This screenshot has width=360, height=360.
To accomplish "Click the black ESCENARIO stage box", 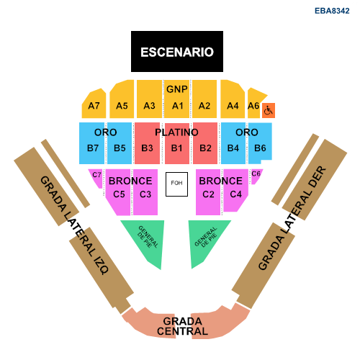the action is pos(177,51).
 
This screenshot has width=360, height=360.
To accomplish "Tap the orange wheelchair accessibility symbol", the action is pos(269,110).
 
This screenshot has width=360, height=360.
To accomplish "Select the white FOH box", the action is pos(176,184).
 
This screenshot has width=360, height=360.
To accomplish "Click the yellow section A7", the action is pos(94,104).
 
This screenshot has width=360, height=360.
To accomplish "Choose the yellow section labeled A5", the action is pos(122,99).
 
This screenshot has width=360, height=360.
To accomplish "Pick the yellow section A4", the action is pos(233,99).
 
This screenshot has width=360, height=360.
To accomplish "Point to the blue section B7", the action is pos(92,143).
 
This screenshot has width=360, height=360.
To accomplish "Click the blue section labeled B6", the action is pos(260,143).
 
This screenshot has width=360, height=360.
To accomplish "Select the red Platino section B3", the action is pos(147,143).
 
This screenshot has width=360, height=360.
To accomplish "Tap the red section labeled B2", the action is pos(205,143).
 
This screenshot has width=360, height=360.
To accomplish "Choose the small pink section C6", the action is pos(256,176).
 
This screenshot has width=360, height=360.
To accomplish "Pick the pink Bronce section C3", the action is pos(145,192).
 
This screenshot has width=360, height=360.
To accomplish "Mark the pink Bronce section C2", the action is pos(208,192).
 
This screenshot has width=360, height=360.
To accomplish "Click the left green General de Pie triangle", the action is pos(149,240).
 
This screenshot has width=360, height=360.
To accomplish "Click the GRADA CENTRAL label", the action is pos(182,326).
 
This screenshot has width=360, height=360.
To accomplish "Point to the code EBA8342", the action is pos(332,11).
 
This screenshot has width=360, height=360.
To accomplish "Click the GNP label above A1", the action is pos(177,89).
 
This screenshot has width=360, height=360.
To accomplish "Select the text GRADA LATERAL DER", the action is pos(292,218).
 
